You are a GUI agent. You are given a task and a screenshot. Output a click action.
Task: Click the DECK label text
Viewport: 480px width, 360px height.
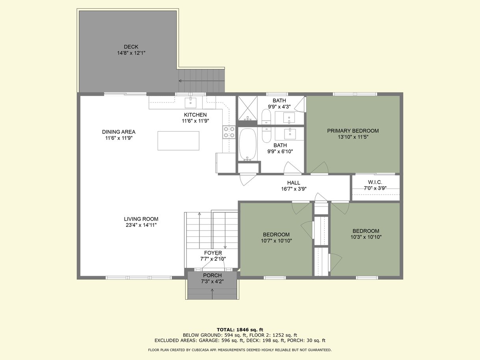click(x=131, y=47)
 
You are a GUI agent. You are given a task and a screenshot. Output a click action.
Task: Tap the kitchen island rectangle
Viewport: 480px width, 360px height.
click(x=179, y=141)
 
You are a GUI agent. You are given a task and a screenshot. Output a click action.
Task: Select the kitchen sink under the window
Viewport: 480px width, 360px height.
click(x=190, y=103)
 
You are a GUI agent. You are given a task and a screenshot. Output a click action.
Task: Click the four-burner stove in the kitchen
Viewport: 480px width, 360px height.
click(x=229, y=132)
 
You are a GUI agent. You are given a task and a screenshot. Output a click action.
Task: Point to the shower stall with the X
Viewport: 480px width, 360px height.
click(x=247, y=108)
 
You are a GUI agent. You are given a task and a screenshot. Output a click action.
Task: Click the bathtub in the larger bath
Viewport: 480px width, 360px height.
click(x=248, y=144)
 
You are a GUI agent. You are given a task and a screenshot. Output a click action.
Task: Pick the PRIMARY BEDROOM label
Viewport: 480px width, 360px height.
click(x=353, y=131)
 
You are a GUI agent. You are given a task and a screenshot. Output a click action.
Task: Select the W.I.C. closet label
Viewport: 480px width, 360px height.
click(x=375, y=182)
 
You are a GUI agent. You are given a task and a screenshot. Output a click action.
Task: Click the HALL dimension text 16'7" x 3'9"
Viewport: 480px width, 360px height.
click(x=294, y=189)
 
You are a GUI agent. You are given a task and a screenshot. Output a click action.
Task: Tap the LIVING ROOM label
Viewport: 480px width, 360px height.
click(x=141, y=219)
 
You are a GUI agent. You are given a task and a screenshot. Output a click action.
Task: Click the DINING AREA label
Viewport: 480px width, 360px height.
click(x=119, y=132)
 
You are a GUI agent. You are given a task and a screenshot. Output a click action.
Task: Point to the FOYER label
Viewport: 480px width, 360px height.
click(x=213, y=253)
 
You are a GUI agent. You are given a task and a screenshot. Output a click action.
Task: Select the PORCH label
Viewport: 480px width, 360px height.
click(x=212, y=275)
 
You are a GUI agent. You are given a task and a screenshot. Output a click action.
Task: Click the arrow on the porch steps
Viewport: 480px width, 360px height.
click(x=212, y=293)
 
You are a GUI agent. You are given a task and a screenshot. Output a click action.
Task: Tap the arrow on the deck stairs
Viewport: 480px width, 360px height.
click(x=202, y=81)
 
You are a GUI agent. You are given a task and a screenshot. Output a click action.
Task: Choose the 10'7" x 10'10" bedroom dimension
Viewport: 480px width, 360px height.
click(x=276, y=241)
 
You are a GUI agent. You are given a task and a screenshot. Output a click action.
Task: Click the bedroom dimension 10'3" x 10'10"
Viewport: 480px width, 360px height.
click(x=366, y=237)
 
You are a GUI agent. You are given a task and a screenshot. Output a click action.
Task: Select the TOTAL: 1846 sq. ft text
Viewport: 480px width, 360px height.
click(x=240, y=330)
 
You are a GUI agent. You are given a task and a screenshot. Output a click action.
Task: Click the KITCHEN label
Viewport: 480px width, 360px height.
click(x=195, y=115)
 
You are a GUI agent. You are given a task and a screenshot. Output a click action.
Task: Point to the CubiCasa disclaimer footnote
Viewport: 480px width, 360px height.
click(x=240, y=350)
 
